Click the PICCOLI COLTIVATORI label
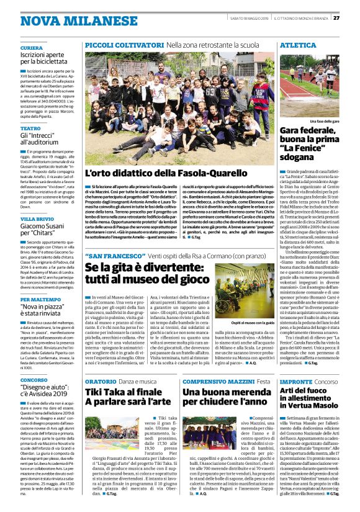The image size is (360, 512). tap(116, 46)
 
